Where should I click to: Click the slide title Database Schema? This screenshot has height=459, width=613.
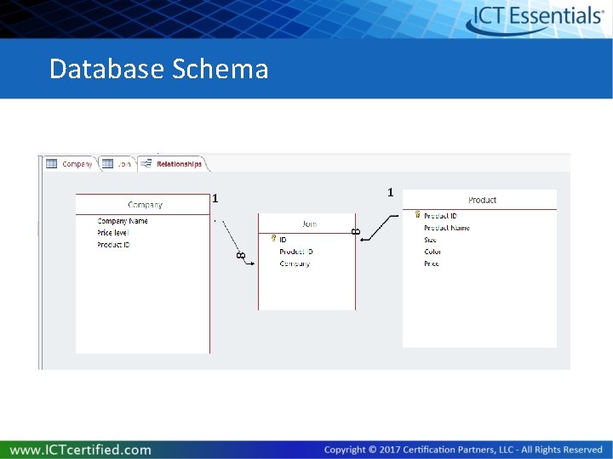[x=158, y=68]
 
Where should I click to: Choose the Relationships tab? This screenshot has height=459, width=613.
[x=178, y=163]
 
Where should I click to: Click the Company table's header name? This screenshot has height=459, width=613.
[x=145, y=204]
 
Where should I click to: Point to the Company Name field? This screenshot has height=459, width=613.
[x=123, y=221]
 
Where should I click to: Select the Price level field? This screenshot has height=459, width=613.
[x=113, y=233]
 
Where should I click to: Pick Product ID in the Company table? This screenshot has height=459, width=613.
[x=113, y=245]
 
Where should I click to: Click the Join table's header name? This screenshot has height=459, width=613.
[x=309, y=224]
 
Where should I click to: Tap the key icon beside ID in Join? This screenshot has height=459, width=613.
[x=272, y=239]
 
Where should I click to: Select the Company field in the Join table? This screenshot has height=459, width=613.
[x=295, y=263]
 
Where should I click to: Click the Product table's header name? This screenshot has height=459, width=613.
[x=482, y=200]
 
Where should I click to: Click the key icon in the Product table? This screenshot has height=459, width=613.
[x=416, y=215]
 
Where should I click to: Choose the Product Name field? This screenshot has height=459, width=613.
[x=446, y=228]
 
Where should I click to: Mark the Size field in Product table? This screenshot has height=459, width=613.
[x=431, y=240]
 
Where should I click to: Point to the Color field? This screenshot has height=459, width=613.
[x=433, y=252]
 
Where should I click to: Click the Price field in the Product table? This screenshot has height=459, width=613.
[x=432, y=263]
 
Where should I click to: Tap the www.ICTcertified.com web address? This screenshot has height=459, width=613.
[x=81, y=449]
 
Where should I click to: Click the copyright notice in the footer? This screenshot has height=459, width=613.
[x=463, y=449]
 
